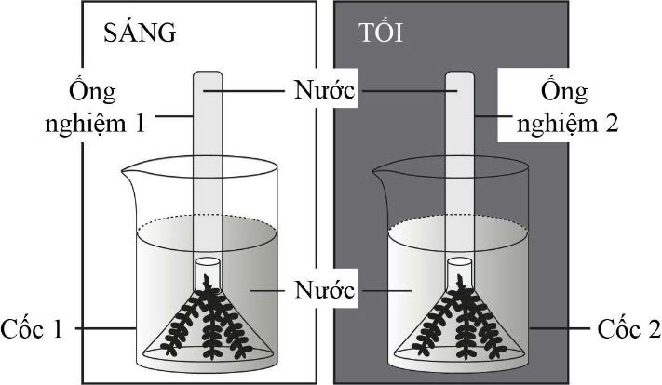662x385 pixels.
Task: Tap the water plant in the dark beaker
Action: (458, 321)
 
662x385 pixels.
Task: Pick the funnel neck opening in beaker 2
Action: (458, 261)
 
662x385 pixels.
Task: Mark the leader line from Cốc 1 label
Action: (102, 328)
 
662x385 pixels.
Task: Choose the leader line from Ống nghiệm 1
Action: (175, 117)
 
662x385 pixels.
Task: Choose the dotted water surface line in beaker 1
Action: (168, 226)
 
